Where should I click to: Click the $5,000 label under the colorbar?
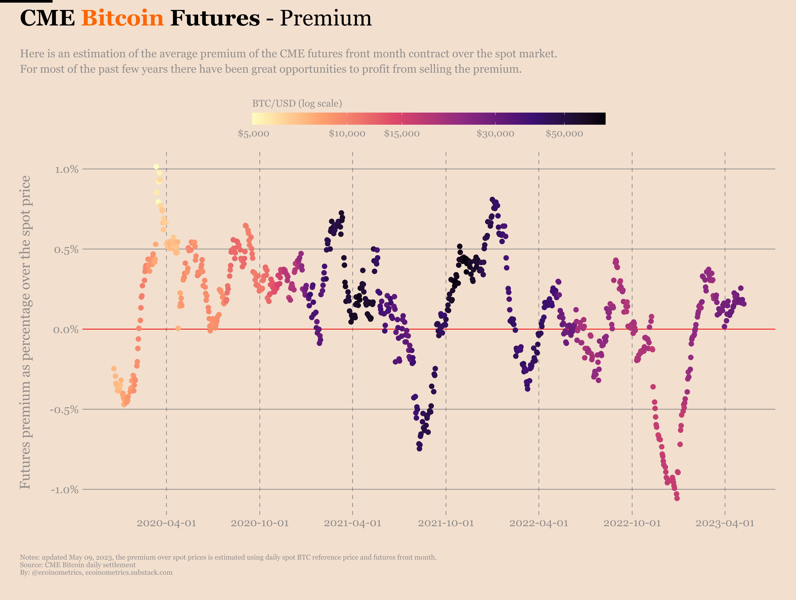point(253,134)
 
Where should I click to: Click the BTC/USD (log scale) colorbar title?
point(297,104)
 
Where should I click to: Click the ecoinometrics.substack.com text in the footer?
point(129,572)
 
